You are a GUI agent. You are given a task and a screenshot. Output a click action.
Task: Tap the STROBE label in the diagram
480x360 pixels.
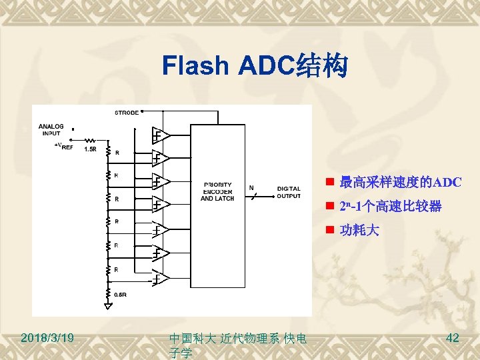[x=127, y=112]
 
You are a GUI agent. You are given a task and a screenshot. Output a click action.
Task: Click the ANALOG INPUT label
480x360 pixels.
[x=51, y=129]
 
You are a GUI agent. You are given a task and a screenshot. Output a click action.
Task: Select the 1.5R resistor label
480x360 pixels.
[x=89, y=149]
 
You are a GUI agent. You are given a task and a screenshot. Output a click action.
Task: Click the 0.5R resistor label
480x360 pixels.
[x=121, y=294]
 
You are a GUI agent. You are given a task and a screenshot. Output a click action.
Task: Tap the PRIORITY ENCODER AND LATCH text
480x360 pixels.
[x=217, y=191]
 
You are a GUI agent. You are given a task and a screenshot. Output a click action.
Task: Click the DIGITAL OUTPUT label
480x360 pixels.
[x=288, y=192]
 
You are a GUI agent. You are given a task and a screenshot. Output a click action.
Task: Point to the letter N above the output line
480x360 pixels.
[x=251, y=187]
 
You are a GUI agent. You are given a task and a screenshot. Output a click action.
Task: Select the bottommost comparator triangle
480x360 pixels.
[x=159, y=277]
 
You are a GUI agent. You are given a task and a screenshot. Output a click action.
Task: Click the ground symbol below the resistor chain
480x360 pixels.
[x=107, y=306]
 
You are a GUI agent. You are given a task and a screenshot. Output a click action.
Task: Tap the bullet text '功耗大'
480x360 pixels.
[x=359, y=231]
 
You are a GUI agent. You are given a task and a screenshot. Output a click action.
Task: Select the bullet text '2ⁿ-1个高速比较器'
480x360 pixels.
[x=390, y=207]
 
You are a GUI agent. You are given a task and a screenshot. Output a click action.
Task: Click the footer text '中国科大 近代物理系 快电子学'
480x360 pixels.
[x=238, y=345]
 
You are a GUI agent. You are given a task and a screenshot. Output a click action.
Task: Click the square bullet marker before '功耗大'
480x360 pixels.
[x=329, y=231]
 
